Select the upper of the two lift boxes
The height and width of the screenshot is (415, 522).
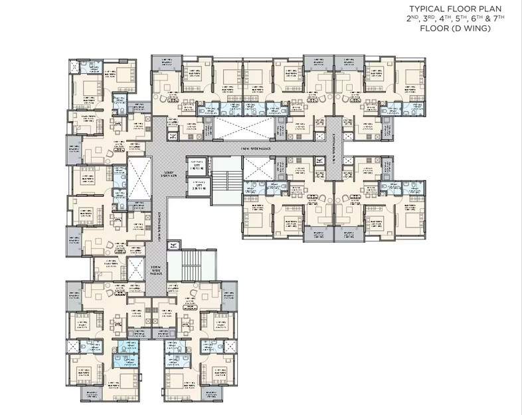[196, 165]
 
